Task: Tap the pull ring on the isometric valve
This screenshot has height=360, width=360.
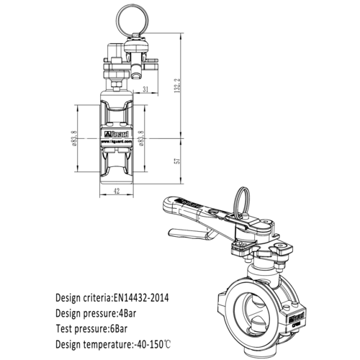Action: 241,200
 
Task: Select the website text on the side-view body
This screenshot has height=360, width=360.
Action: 115,142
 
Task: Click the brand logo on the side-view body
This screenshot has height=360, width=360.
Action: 115,134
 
